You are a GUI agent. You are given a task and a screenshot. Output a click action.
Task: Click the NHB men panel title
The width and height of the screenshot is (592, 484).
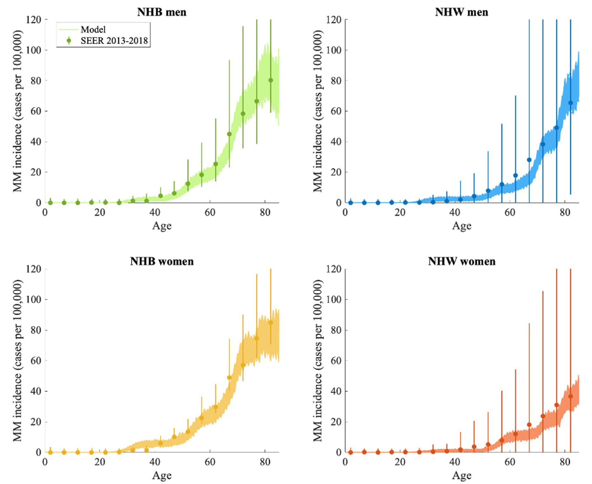[x=161, y=12]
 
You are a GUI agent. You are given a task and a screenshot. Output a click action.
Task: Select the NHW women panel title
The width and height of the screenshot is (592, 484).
[x=462, y=261]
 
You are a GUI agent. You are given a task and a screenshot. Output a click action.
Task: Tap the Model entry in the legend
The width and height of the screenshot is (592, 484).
[x=93, y=30]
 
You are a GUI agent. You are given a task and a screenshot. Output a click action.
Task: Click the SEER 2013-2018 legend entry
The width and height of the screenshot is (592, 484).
[x=114, y=41]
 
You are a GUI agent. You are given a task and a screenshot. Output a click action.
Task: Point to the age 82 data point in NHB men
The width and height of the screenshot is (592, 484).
[x=271, y=80]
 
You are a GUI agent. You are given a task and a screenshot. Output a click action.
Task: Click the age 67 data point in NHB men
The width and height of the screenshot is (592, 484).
[x=229, y=134]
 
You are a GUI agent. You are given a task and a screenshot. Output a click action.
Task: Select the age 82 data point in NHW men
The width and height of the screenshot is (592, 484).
[x=570, y=103]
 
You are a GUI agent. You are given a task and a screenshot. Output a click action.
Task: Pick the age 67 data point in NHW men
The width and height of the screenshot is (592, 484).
[x=529, y=160]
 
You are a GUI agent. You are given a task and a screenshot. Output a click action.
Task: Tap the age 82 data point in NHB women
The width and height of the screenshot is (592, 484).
[x=271, y=323]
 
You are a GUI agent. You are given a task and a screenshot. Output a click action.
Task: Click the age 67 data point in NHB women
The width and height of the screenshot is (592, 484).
[x=229, y=377]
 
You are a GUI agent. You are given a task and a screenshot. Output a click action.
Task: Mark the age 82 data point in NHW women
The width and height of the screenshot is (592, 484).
[x=570, y=396]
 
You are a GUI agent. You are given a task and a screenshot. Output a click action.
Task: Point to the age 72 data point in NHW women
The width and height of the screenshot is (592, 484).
[x=543, y=416]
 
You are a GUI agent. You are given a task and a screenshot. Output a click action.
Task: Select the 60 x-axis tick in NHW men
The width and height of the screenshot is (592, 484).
[x=510, y=212]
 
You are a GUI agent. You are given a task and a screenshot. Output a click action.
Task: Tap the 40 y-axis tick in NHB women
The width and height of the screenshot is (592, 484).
[x=37, y=391]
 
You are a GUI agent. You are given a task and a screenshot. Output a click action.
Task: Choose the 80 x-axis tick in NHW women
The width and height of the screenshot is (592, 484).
[x=565, y=462]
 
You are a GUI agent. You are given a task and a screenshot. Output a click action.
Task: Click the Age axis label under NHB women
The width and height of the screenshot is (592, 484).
[x=161, y=475]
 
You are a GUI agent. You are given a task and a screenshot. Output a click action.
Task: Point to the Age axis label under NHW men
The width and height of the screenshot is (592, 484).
[x=462, y=226]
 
